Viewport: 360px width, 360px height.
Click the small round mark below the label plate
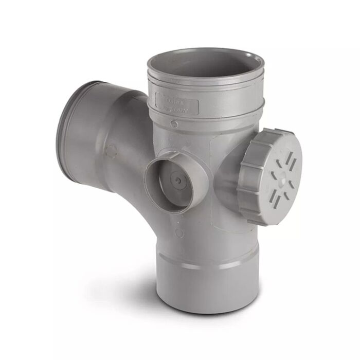pyautogui.click(x=175, y=124)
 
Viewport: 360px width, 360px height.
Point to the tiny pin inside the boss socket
pyautogui.click(x=177, y=181)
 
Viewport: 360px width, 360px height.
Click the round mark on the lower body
pyautogui.click(x=179, y=233)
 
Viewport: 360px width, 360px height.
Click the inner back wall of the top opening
pyautogui.click(x=206, y=58)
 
